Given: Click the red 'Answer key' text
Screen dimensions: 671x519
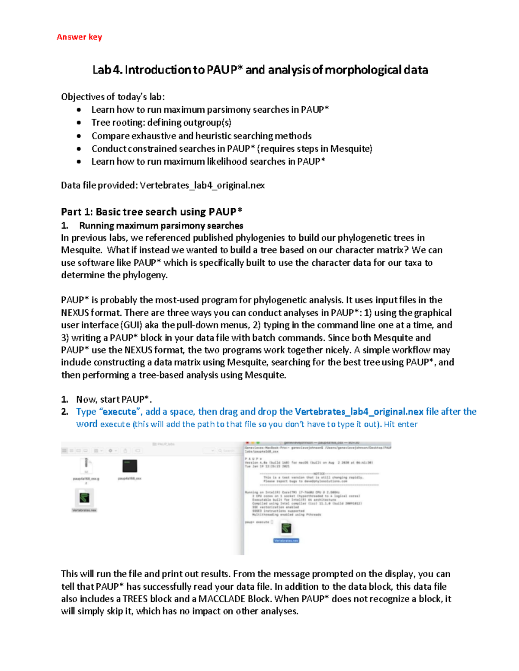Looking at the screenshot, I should coord(79,37).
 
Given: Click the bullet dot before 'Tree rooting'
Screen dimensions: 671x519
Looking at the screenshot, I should coord(79,123).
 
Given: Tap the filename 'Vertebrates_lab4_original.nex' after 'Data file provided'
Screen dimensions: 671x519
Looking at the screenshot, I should coord(202,185).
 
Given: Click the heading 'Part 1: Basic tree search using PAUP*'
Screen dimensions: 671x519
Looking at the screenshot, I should coord(151,212).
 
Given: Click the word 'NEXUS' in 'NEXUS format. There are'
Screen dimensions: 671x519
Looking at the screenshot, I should coord(75,312).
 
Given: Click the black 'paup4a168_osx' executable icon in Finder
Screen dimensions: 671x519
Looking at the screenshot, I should coord(130,466).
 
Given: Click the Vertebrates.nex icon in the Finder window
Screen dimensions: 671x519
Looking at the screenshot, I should coord(84,498).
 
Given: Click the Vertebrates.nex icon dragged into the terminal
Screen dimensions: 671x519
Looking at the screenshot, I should coord(286,529).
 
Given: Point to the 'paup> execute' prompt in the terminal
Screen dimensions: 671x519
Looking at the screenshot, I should coord(257,522).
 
